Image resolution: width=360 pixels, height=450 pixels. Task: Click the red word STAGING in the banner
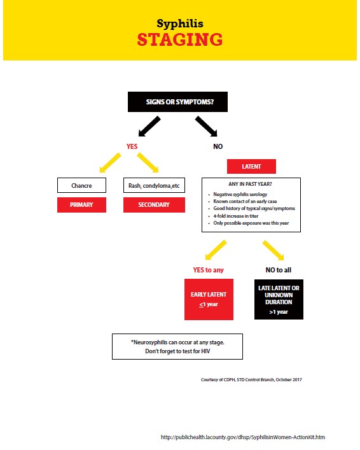[x=180, y=40]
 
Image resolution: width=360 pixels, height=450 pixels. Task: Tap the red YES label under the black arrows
[x=132, y=146]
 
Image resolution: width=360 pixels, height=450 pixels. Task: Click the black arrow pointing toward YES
[x=150, y=126]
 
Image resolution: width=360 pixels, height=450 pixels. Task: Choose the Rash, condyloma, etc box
[x=154, y=186]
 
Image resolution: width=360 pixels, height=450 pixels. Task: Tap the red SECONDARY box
[x=154, y=205]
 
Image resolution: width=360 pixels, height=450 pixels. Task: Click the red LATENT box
[x=251, y=167]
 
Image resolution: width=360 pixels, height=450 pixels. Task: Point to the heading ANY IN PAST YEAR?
[x=251, y=184]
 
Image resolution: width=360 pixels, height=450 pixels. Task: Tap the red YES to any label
[x=209, y=270]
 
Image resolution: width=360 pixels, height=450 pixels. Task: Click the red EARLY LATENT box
[x=209, y=299]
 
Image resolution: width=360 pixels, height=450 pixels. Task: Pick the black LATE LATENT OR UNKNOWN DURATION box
[x=279, y=299]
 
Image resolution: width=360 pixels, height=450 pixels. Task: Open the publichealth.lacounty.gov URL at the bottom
[x=247, y=438]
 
